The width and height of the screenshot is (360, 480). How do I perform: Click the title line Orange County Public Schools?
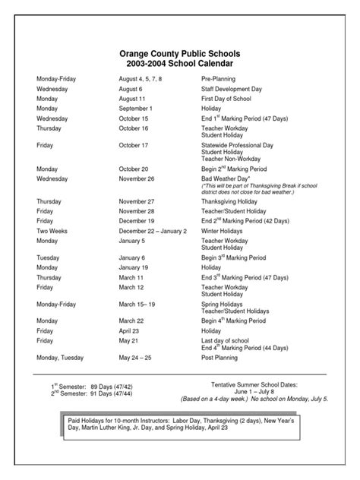(180, 55)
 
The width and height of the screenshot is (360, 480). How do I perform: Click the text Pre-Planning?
(219, 79)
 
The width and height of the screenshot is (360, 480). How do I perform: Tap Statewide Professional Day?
(235, 145)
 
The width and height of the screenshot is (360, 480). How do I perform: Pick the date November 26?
(138, 178)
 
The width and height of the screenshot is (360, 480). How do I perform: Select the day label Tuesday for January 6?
(48, 257)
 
